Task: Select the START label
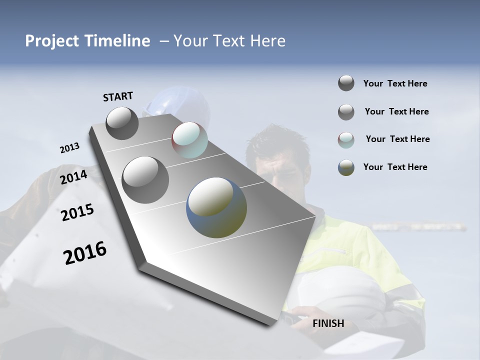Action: tap(118, 96)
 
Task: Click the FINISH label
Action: tap(328, 323)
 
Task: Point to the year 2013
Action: tap(69, 148)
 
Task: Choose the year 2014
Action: tap(74, 177)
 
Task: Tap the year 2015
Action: tap(77, 212)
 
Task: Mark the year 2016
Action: tap(85, 253)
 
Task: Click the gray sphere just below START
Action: tap(122, 123)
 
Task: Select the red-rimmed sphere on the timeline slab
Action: tap(189, 140)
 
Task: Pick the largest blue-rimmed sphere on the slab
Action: tap(216, 207)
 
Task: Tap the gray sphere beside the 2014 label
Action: tap(145, 179)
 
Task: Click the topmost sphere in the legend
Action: tap(346, 83)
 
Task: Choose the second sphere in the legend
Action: tap(346, 112)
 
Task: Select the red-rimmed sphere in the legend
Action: tap(346, 140)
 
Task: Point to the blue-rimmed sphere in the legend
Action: tap(346, 167)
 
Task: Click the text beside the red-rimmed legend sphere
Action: tap(397, 139)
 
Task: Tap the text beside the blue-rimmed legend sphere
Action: tap(395, 167)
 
